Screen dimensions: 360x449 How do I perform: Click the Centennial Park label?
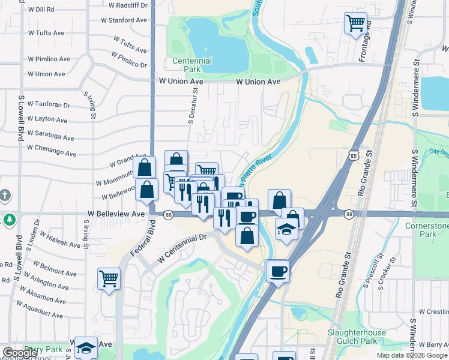point(192,65)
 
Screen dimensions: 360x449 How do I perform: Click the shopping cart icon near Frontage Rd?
point(355,23)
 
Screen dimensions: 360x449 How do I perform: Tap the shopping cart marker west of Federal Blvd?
point(109,278)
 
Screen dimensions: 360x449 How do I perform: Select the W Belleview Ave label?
point(116,213)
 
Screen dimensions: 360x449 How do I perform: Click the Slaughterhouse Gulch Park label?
point(360,337)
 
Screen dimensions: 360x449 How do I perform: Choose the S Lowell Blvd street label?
point(21,118)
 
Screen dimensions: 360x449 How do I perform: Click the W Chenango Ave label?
point(52,150)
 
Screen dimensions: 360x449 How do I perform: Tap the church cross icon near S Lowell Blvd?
point(5,196)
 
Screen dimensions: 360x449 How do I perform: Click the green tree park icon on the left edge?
point(8,220)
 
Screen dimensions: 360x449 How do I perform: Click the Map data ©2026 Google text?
point(411,355)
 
